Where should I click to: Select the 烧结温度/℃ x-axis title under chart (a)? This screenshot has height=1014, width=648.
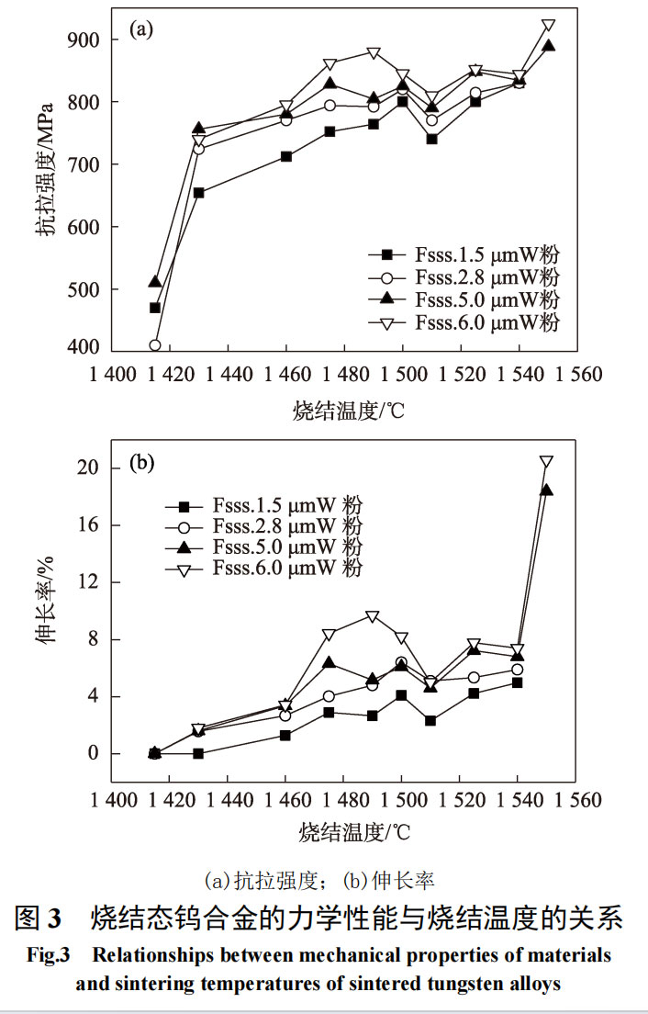coord(348,411)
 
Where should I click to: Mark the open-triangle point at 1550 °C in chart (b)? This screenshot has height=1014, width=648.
coord(546,462)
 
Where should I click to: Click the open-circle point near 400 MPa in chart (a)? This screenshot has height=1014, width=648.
coord(155,345)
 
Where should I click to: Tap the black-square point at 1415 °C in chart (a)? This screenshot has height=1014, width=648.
coord(155,308)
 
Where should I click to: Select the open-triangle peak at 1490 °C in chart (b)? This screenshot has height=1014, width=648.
coord(372,616)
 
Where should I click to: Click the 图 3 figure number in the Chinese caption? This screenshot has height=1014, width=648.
coord(39,918)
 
